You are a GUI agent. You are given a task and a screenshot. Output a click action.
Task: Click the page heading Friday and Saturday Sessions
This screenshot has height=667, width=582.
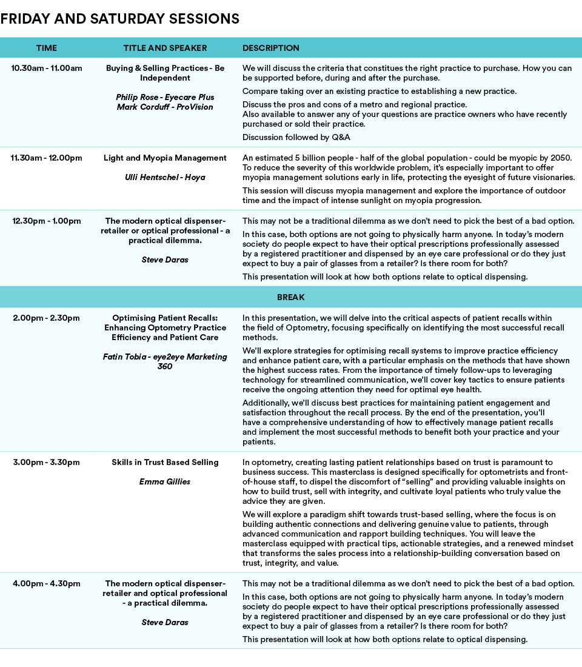120,19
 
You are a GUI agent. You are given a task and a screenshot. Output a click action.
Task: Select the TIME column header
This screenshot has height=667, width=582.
47,48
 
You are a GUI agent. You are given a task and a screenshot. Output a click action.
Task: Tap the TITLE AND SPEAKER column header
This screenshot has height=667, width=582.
165,48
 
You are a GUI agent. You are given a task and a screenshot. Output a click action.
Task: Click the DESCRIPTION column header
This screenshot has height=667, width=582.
271,48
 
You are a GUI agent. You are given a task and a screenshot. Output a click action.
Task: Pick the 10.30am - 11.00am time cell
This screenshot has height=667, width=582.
46,68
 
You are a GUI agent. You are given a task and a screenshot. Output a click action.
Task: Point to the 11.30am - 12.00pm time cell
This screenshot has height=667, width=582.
46,158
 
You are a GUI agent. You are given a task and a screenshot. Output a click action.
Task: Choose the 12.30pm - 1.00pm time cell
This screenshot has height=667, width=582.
46,221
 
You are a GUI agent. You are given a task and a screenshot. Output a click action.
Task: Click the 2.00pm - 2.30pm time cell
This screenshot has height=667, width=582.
46,318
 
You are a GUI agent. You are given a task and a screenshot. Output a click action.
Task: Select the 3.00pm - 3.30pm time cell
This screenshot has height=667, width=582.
46,462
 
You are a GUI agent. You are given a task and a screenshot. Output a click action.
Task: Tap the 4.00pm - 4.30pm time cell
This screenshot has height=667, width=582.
46,583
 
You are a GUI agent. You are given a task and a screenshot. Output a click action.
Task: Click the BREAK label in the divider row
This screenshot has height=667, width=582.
291,297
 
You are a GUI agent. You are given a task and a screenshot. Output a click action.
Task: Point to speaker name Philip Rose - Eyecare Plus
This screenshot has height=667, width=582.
165,97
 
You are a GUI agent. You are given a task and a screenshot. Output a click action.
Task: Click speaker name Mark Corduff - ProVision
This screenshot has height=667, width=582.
165,107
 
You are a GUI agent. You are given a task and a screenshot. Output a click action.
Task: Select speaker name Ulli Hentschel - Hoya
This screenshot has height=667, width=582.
165,177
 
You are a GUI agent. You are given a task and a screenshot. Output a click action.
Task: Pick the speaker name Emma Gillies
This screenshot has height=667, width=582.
165,481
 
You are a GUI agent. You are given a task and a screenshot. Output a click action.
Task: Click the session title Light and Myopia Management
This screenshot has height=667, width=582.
165,158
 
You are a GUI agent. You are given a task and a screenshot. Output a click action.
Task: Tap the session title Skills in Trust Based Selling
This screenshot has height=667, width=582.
165,462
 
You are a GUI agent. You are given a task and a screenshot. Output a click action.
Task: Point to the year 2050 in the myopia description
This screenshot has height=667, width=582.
560,158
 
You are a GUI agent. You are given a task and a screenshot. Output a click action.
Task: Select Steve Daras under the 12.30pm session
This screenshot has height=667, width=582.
165,260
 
